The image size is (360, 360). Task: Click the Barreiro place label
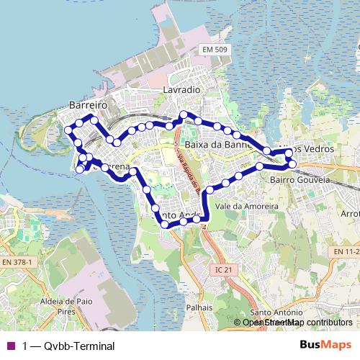88,104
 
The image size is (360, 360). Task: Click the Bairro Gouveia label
300,179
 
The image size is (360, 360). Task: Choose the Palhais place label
199,306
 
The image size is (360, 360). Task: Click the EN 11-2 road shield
346,251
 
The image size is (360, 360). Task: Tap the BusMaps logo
326,345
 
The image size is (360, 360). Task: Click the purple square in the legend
10,346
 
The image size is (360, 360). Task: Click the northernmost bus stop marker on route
184,114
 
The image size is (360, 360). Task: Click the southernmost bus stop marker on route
165,225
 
